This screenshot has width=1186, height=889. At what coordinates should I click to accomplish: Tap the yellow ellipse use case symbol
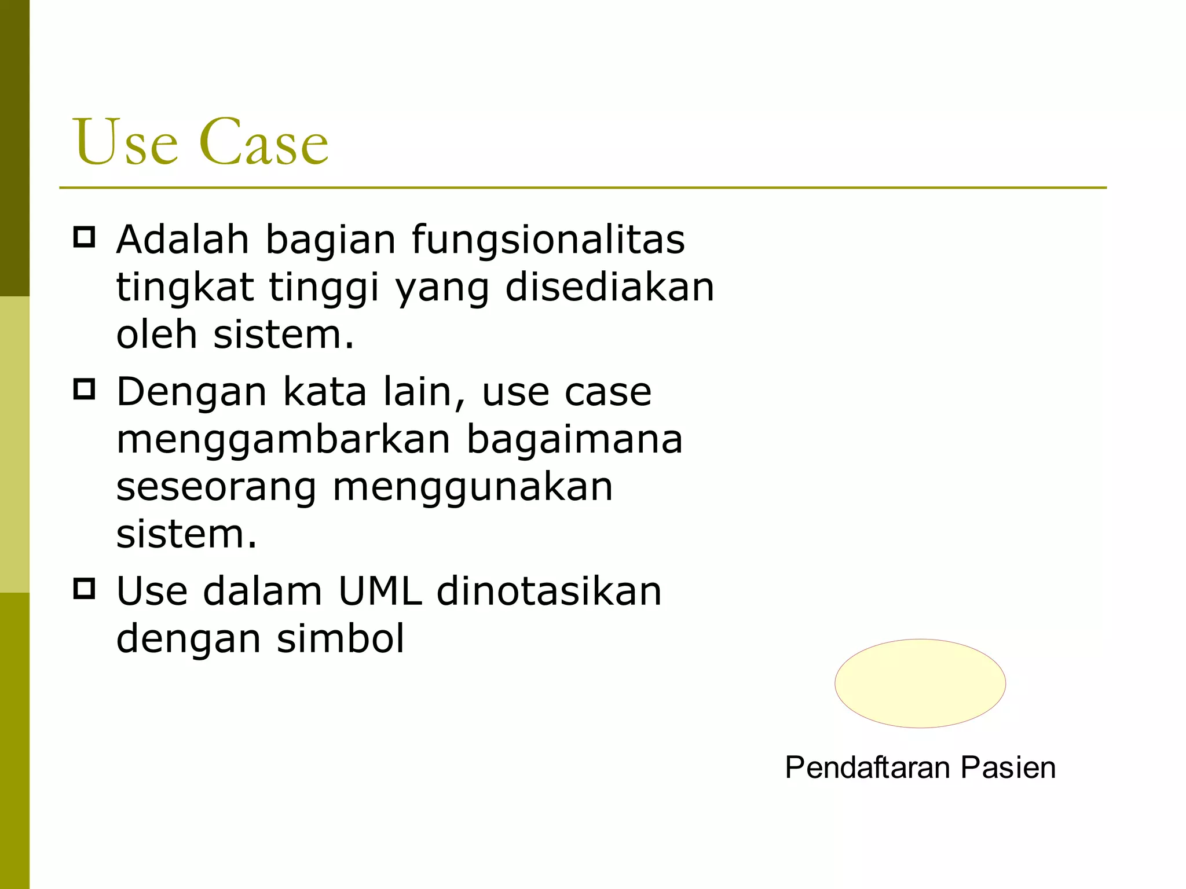(x=920, y=683)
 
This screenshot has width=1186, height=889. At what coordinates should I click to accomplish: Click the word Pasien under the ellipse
(x=1008, y=768)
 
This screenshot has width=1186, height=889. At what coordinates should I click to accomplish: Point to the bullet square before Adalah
(x=85, y=237)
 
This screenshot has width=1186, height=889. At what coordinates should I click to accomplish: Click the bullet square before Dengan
(x=85, y=390)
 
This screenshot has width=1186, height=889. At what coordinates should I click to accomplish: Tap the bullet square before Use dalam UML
(x=85, y=589)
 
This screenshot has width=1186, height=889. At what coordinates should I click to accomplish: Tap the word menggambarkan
(x=283, y=440)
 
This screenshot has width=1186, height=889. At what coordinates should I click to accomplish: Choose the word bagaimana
(x=574, y=440)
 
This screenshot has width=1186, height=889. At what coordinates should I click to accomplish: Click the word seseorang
(x=216, y=488)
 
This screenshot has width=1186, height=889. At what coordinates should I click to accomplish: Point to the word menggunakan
(x=473, y=488)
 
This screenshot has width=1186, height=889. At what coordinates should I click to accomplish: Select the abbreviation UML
(x=380, y=592)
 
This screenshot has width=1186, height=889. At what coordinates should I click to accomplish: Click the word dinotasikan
(x=548, y=592)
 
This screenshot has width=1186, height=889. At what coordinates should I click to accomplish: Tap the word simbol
(x=341, y=639)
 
